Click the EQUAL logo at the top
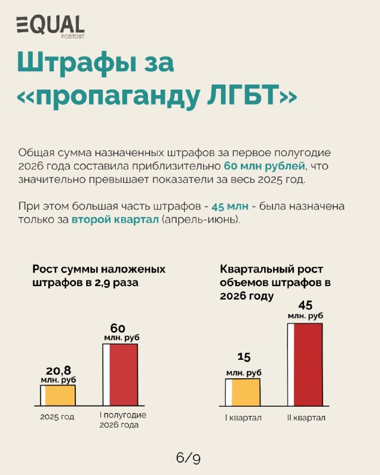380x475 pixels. (50, 27)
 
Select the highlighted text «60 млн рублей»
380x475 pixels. (264, 166)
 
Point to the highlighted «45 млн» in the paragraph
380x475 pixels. (230, 206)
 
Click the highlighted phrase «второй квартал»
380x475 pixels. (115, 220)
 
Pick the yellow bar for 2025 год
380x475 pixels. (58, 395)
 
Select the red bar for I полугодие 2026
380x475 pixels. (121, 375)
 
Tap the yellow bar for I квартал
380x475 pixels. (242, 392)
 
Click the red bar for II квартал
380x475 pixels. (305, 365)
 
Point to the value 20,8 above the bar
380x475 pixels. (59, 370)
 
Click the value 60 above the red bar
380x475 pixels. (118, 328)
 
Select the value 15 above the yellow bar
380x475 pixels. (244, 357)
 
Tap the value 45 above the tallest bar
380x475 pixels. (305, 305)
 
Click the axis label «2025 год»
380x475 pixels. (57, 417)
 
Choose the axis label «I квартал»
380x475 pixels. (243, 418)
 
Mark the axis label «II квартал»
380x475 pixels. (306, 418)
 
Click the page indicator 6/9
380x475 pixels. (188, 458)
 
